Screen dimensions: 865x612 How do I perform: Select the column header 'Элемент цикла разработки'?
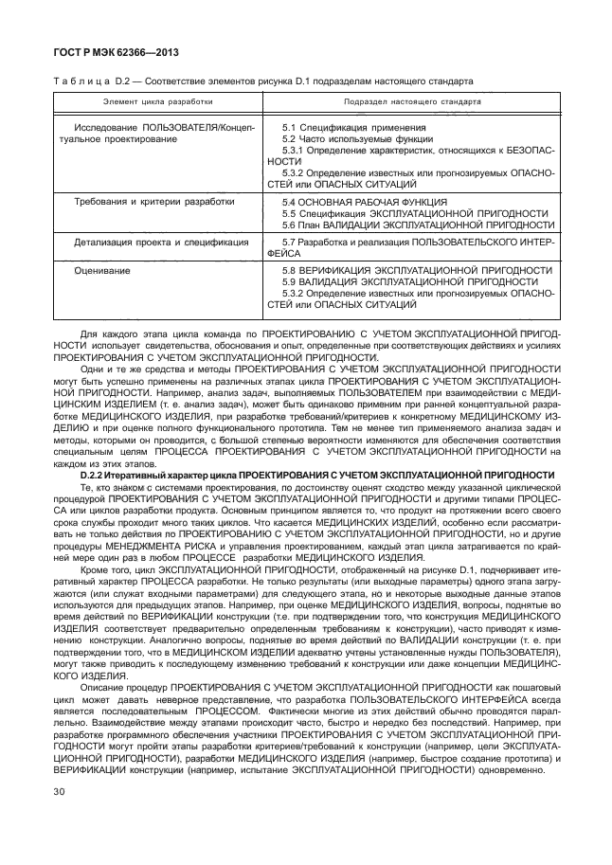158,100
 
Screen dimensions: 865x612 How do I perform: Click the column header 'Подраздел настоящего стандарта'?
412,100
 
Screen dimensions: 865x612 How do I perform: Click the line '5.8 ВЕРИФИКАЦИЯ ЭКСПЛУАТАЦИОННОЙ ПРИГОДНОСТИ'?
417,270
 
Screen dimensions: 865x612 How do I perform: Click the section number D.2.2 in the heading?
99,473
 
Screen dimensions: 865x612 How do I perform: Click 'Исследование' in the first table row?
103,127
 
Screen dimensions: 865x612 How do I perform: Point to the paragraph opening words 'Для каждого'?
107,333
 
